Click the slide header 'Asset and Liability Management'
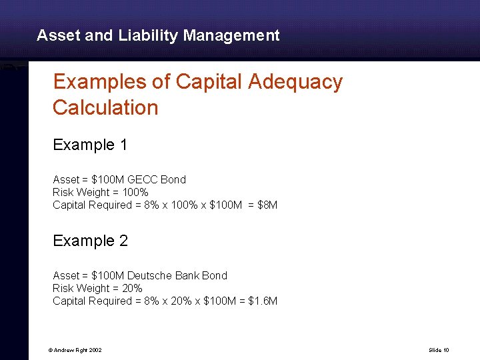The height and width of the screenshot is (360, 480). click(158, 35)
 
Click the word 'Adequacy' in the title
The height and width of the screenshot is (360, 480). click(295, 82)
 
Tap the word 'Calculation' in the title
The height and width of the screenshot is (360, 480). click(105, 107)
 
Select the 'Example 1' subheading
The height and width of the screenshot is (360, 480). click(90, 145)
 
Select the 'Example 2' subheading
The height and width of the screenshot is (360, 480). click(90, 241)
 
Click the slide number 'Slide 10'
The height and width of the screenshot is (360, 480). click(439, 349)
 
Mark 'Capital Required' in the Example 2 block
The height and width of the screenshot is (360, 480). click(92, 301)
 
